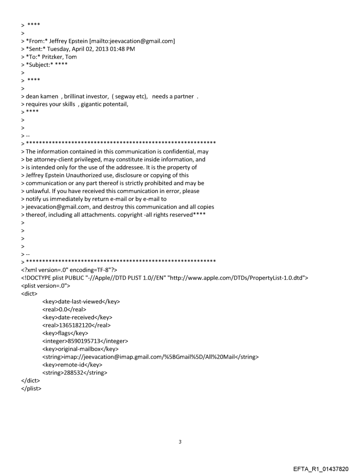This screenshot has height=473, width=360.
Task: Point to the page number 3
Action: tap(180, 442)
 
